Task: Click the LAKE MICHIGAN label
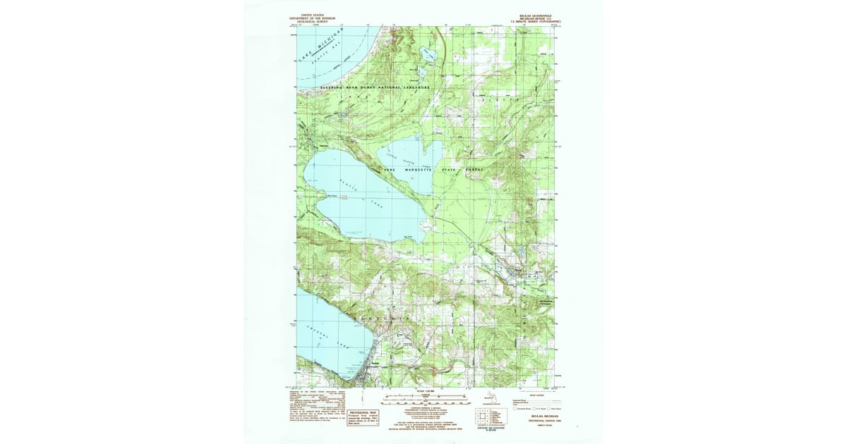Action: tap(318, 51)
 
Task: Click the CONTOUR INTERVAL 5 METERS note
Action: tap(423, 408)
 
